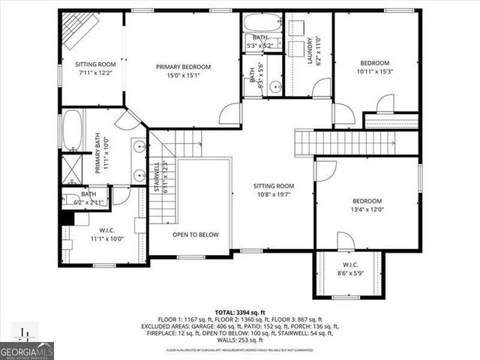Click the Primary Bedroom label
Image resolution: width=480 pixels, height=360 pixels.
pyautogui.click(x=184, y=67)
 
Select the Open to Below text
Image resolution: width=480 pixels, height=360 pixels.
pyautogui.click(x=196, y=235)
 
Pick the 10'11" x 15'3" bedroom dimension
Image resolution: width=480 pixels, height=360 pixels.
pyautogui.click(x=374, y=71)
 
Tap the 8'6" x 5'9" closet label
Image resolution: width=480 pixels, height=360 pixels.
pyautogui.click(x=351, y=274)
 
